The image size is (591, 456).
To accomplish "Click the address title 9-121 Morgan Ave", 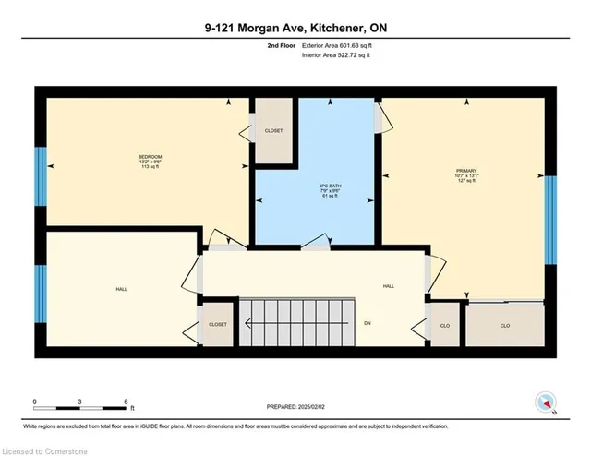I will (295, 29).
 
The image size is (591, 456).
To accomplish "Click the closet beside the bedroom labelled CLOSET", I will (273, 131).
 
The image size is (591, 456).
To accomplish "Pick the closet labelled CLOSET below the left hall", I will (218, 325).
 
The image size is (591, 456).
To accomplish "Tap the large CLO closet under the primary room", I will (504, 325).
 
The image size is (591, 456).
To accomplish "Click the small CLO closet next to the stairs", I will (446, 325).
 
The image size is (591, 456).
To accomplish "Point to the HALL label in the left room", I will (121, 289).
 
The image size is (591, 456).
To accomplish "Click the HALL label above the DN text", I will (389, 286).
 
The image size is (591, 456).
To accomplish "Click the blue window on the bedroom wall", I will (41, 176).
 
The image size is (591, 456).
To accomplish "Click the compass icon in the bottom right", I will (546, 402).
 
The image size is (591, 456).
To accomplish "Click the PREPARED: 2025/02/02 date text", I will (295, 406).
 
